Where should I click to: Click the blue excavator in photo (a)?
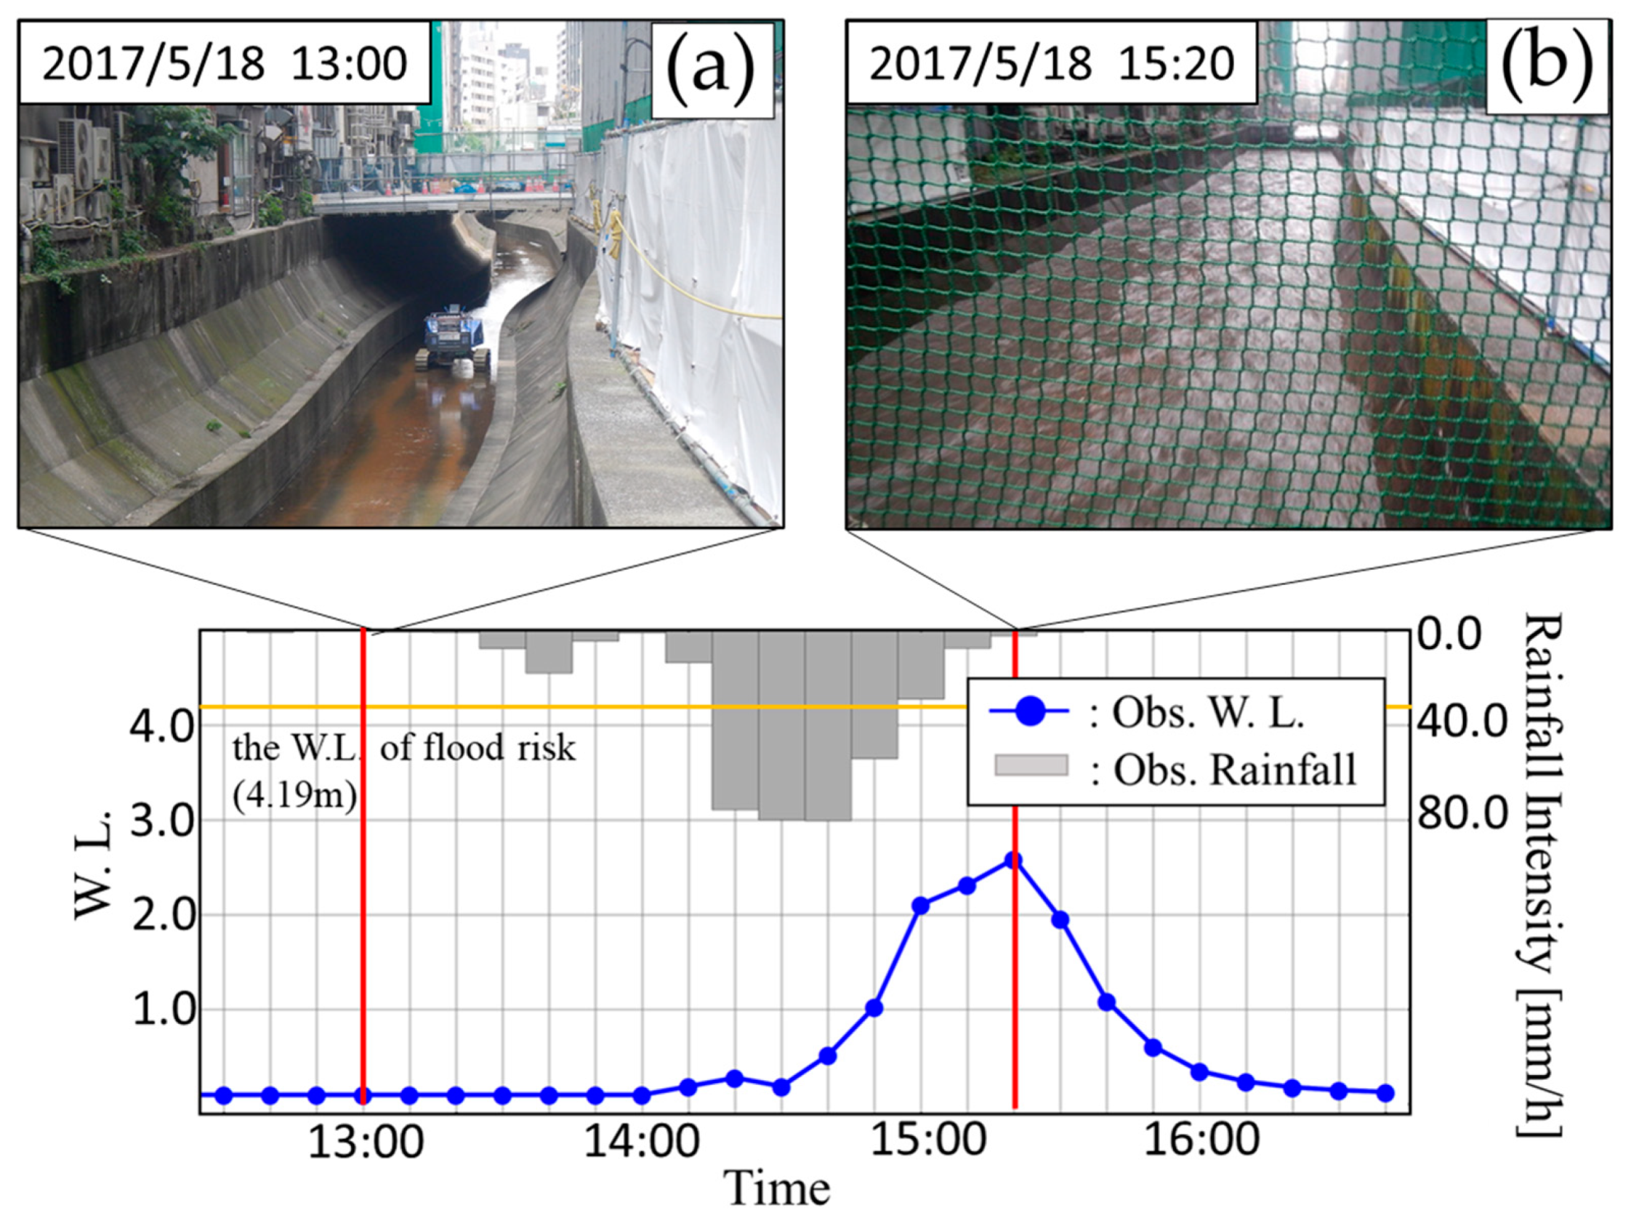(x=451, y=339)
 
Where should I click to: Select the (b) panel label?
(x=1546, y=67)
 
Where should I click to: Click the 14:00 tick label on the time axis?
(x=643, y=1141)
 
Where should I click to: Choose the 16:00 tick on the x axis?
(x=1202, y=1141)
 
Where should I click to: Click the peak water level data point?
(x=1014, y=861)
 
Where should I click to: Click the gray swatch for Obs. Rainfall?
(x=1031, y=765)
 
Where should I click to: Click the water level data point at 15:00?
(x=920, y=906)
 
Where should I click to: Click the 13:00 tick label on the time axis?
(x=365, y=1141)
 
